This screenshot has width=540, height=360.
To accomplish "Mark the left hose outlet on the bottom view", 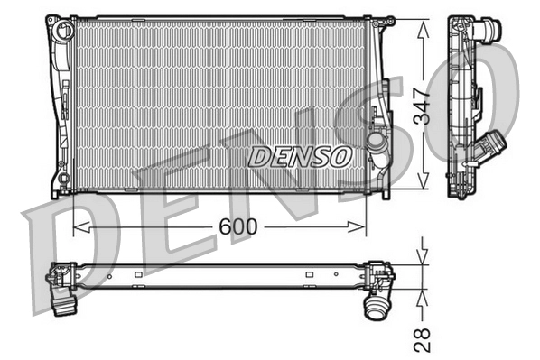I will pyautogui.click(x=64, y=299).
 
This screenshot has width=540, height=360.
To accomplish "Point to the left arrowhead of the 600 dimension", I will pyautogui.click(x=76, y=227).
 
